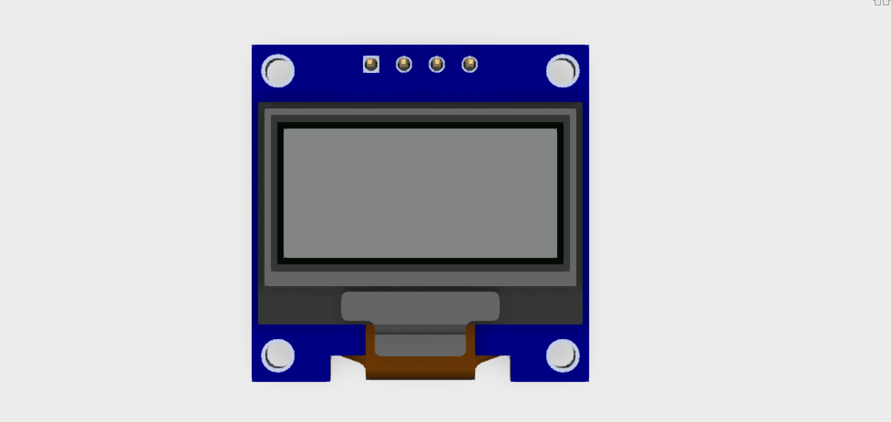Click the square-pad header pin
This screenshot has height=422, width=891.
point(371,64)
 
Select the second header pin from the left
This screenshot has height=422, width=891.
point(404,64)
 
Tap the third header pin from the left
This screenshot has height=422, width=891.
point(437,64)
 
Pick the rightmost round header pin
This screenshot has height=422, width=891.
point(470,64)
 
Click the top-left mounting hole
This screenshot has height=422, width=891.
point(278,71)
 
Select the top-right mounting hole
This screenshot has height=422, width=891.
point(563,71)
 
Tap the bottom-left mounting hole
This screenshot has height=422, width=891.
point(278,355)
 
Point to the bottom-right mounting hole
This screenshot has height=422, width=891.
point(563,355)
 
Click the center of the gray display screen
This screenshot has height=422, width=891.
point(420,193)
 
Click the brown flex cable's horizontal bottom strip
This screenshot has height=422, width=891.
point(420,368)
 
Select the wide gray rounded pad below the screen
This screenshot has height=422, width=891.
point(420,306)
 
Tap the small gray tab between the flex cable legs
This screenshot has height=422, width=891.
point(420,345)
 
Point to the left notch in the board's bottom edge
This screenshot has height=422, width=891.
point(347,368)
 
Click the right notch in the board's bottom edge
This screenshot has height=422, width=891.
point(492,368)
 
